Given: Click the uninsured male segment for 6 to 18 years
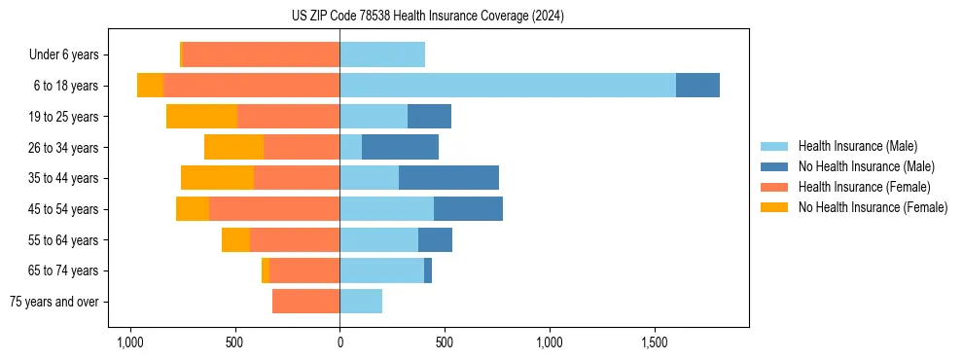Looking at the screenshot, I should point(697,86).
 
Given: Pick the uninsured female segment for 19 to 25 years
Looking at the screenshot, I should point(201,117).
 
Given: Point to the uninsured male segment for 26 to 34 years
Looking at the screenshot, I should point(400,147).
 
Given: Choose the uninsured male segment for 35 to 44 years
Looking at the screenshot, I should point(448,178).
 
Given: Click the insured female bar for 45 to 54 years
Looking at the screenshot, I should point(274,209).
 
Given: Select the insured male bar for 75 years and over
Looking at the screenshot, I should point(361,302).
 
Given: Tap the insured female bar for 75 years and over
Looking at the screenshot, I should point(305,302).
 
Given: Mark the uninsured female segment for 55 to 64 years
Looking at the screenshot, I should point(235,240).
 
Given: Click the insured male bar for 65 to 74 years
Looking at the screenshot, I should point(381,270).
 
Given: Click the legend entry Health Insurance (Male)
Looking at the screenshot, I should point(857,147).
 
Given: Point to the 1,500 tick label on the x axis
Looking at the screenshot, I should point(655,342).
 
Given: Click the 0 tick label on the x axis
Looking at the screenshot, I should point(339,342).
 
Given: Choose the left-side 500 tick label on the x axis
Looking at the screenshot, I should point(234,342).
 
